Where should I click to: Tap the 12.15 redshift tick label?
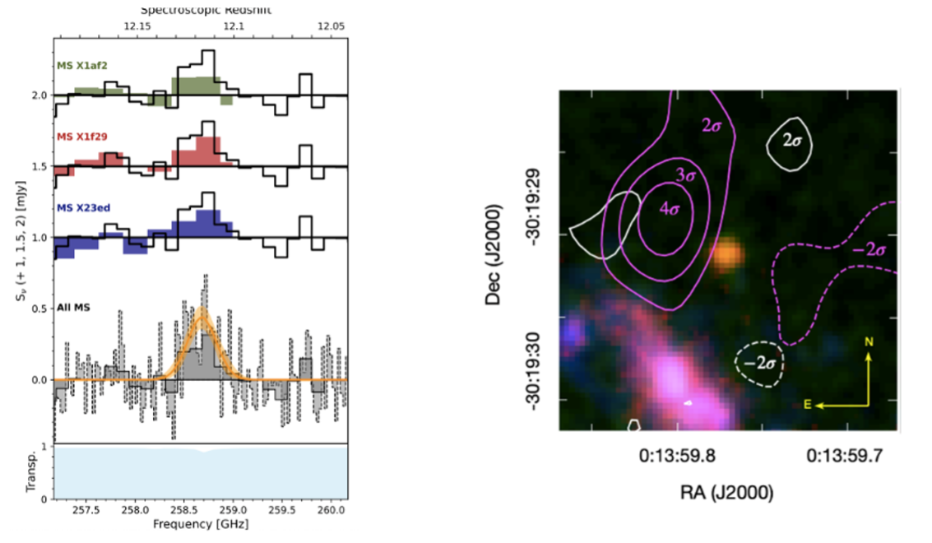[x=137, y=26]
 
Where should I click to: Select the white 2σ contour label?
[x=792, y=141]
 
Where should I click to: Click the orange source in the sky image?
[x=727, y=255]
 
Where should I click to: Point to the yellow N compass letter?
[x=867, y=341]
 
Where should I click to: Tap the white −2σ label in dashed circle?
[x=758, y=361]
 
